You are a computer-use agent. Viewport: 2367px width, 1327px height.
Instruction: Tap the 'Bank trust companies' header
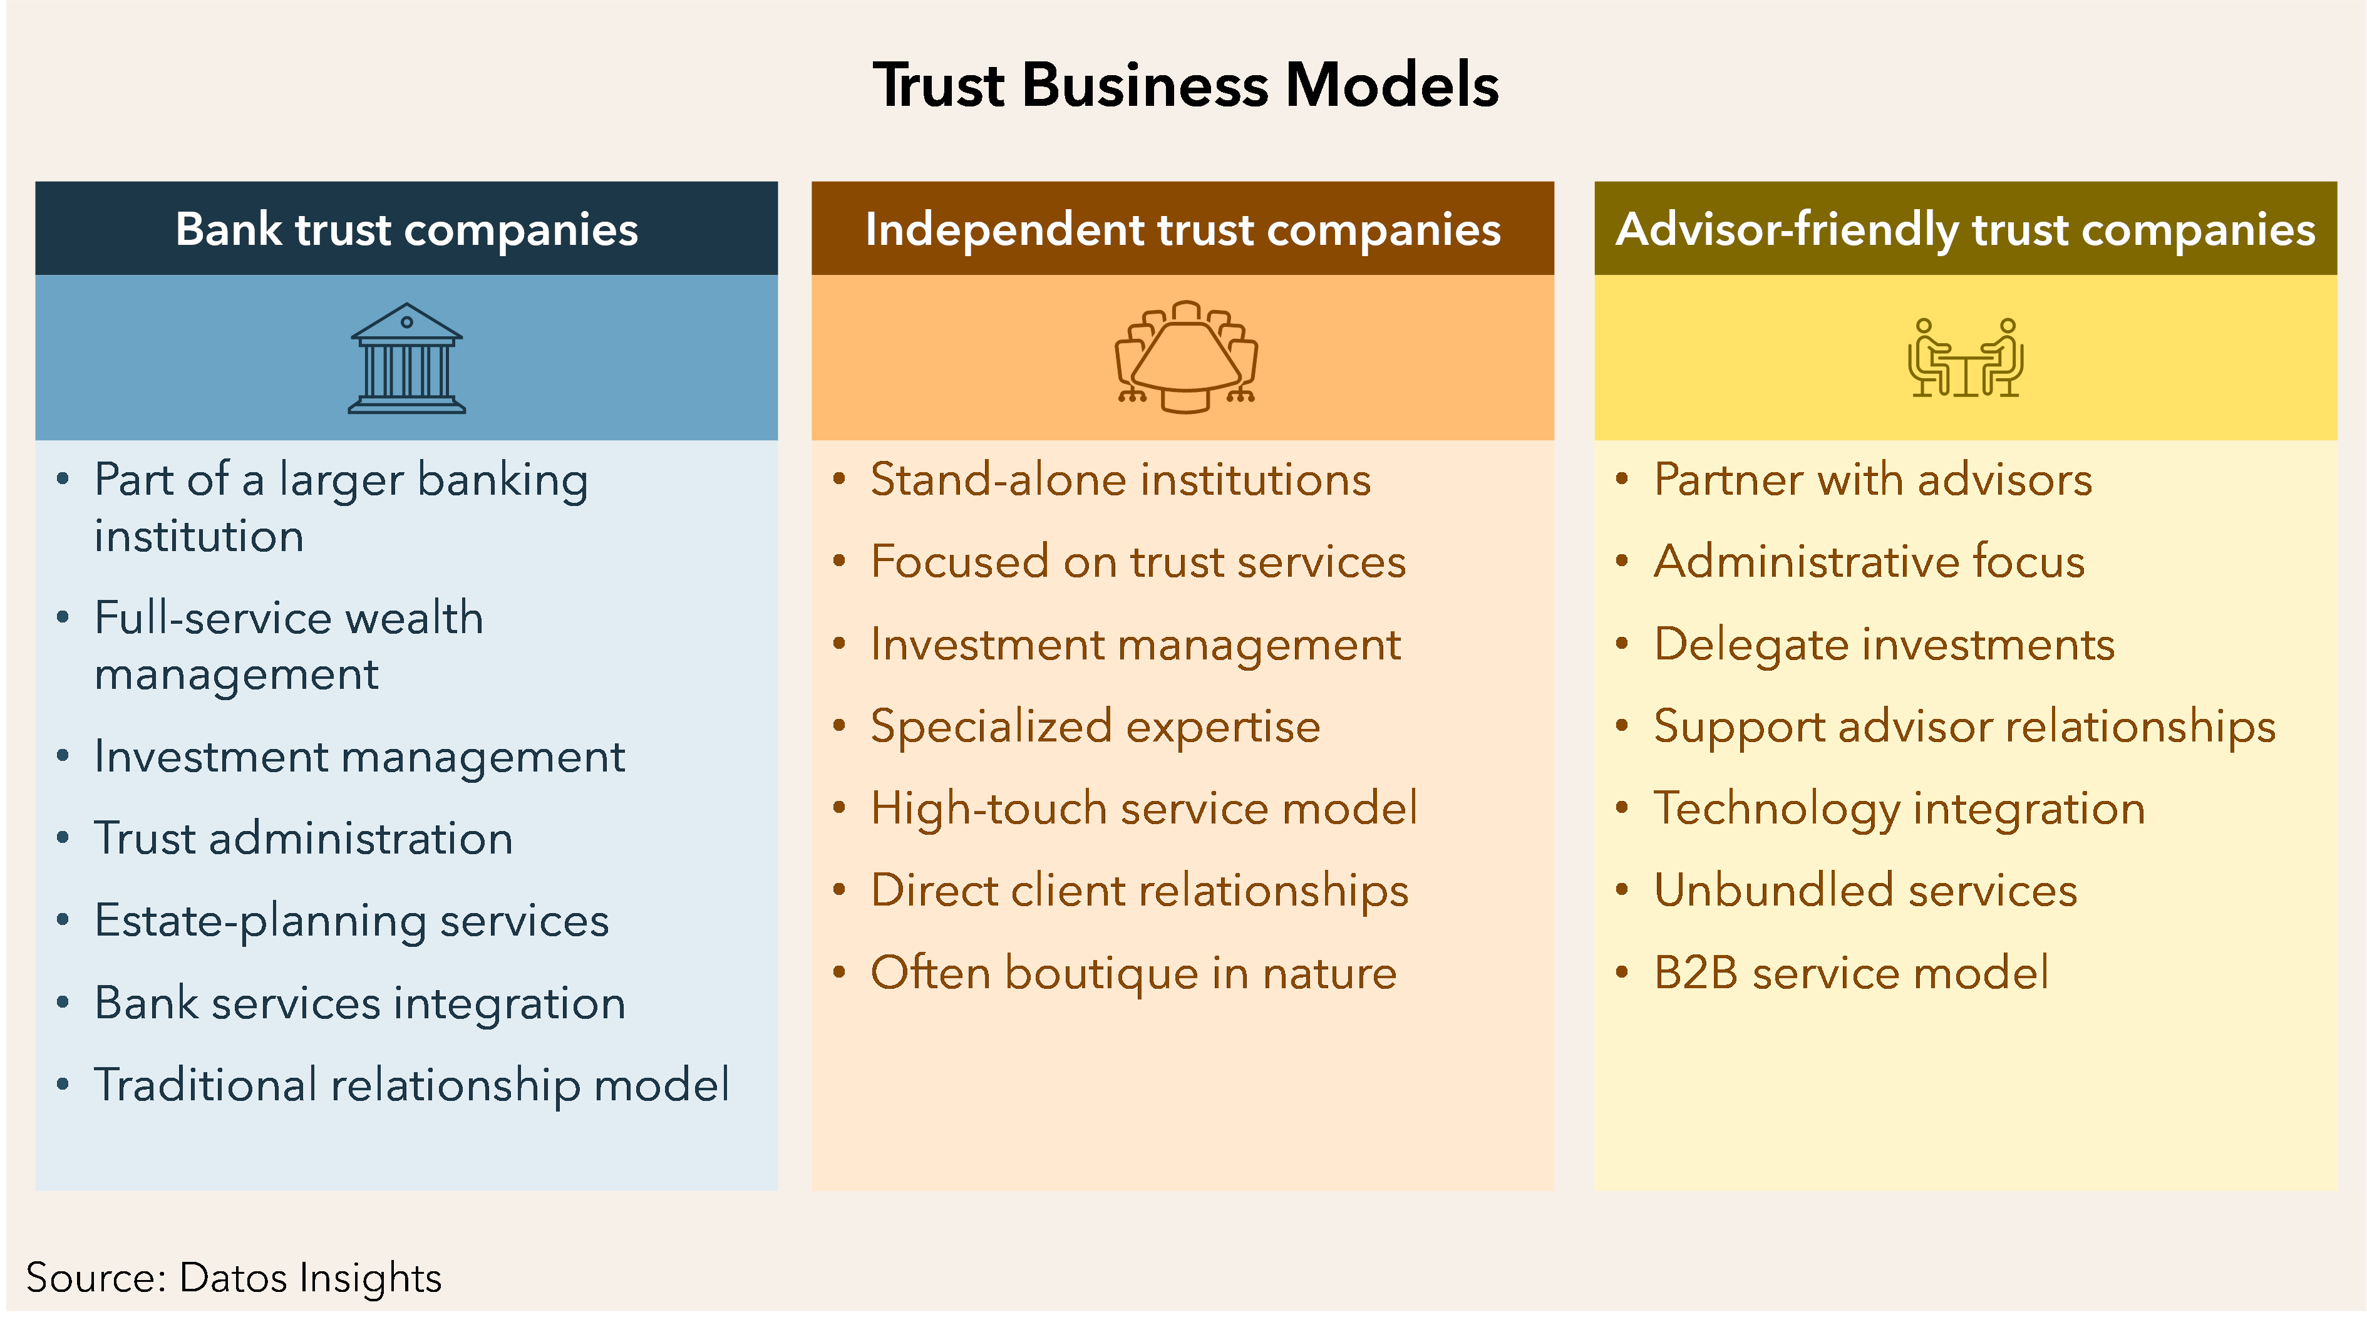[406, 229]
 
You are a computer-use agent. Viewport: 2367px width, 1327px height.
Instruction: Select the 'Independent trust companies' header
[1183, 229]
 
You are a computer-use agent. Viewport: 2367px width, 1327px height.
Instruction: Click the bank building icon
[406, 358]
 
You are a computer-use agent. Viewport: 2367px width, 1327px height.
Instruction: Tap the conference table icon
[1185, 356]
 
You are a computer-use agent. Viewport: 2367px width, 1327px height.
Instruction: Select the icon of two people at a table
[1966, 358]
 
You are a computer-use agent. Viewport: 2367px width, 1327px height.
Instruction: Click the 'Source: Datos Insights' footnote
[234, 1278]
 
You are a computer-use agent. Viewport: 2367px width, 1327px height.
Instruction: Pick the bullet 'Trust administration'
[303, 838]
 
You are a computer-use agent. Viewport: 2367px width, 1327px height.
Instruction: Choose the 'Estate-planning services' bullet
[351, 921]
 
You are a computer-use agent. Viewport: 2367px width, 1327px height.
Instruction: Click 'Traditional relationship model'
[411, 1085]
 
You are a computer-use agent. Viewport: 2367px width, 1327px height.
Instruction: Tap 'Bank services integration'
[359, 1003]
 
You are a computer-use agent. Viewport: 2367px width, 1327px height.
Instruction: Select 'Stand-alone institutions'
[1120, 480]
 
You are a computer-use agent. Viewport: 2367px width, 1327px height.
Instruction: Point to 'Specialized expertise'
[1095, 726]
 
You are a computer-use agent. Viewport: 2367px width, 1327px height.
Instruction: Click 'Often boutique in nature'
[1133, 973]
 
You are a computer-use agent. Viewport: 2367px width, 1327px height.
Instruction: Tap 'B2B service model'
[1850, 973]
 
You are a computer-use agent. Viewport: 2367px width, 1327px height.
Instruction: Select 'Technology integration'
[1899, 808]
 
